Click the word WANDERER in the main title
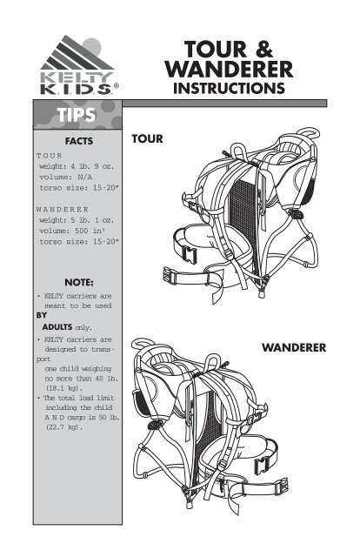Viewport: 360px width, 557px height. tap(229, 70)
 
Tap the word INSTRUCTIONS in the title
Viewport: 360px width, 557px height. tap(229, 88)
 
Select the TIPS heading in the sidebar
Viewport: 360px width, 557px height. tap(77, 115)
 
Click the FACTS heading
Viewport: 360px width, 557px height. tap(79, 141)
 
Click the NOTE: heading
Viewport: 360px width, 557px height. tap(79, 283)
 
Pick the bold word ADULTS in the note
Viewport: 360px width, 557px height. tap(57, 327)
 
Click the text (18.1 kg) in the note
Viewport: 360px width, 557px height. tap(63, 388)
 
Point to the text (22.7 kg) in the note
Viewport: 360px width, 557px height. tap(63, 427)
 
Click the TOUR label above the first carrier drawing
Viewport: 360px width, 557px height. tap(147, 138)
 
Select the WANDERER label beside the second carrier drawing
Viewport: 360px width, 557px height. tap(294, 347)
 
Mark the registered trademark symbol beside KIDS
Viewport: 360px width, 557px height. tap(117, 86)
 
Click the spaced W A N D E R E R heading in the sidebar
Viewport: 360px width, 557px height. tap(62, 209)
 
